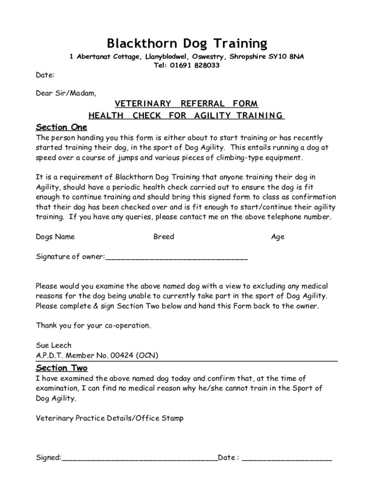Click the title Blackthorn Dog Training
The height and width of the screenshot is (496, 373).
186,44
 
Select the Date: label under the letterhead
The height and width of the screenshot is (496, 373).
45,75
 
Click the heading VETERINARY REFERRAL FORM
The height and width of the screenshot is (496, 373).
186,104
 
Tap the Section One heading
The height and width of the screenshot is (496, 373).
62,127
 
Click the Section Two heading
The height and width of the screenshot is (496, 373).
62,368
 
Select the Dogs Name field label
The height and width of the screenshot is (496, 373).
55,237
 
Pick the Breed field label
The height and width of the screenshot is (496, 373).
163,237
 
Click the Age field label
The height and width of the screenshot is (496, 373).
278,237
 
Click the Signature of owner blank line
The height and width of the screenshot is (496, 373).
176,258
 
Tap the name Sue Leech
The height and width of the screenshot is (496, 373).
54,345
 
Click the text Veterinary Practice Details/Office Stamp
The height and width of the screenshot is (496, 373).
109,418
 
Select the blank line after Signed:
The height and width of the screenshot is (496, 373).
140,458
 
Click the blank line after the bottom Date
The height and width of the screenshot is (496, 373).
287,458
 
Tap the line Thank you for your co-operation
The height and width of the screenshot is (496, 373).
93,325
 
